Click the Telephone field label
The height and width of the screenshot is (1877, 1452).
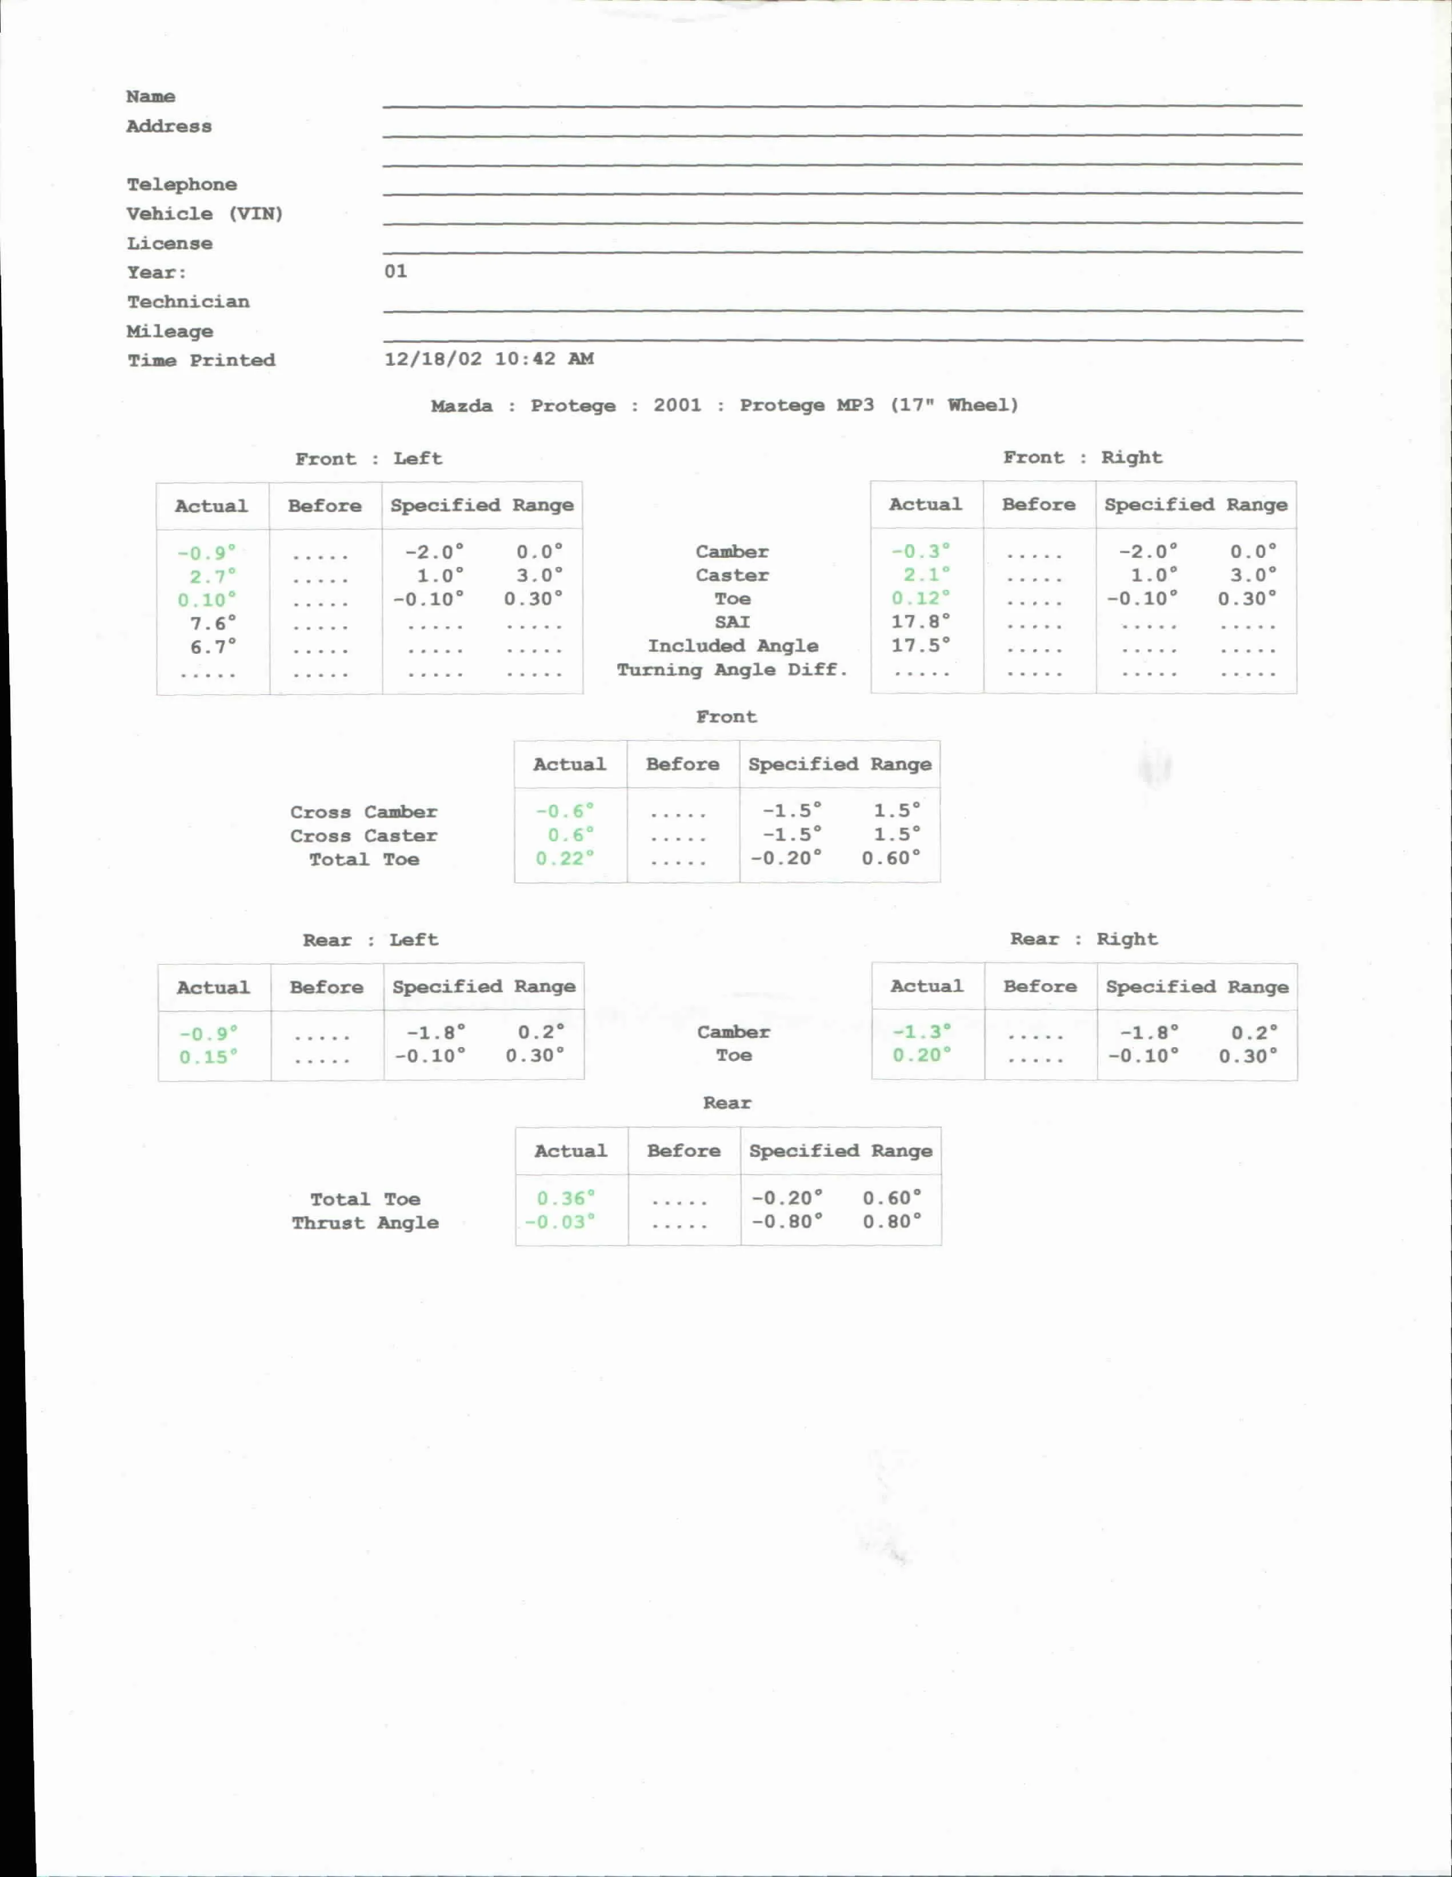pos(181,185)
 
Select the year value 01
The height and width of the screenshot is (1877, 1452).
pos(395,271)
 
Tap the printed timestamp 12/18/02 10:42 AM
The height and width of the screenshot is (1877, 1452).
pos(488,360)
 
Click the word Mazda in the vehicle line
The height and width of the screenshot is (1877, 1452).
pos(461,406)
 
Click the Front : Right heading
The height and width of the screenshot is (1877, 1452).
pos(1082,458)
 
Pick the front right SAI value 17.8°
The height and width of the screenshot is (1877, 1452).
pos(920,621)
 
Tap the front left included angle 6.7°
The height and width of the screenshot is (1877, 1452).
pos(212,646)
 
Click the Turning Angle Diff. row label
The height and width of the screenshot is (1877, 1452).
pos(732,669)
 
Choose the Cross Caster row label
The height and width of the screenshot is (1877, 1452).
pos(363,836)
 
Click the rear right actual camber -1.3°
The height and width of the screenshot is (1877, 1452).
pos(921,1031)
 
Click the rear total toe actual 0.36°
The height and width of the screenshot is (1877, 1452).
pos(565,1198)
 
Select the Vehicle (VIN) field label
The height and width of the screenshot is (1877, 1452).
pos(205,214)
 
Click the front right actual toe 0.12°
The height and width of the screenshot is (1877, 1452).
pos(920,598)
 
